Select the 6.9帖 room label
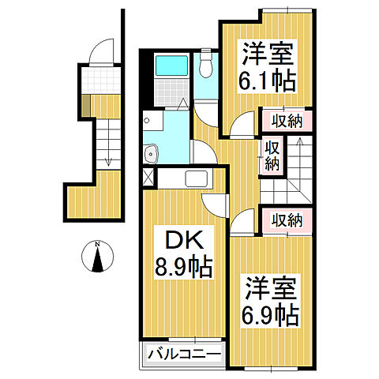coord(271,301)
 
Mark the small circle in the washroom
coord(147,122)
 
